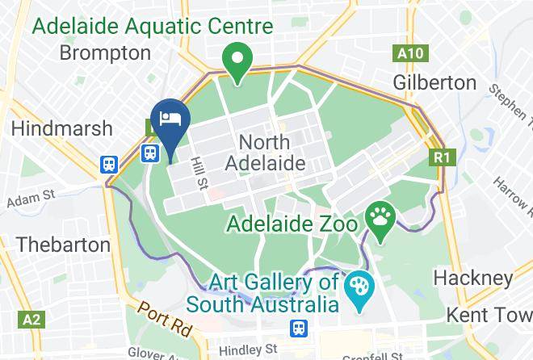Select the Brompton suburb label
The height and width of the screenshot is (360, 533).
[x=105, y=53]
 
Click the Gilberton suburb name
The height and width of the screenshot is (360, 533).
[x=434, y=82]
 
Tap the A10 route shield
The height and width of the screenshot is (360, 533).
[x=409, y=54]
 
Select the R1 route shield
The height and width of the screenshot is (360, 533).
[x=440, y=157]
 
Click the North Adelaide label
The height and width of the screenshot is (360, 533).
[x=266, y=153]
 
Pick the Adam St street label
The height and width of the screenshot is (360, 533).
[x=29, y=197]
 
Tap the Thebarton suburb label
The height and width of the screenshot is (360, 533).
[x=63, y=244]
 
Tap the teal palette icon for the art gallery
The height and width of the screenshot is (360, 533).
[x=355, y=288]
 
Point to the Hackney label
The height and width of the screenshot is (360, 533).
[x=472, y=278]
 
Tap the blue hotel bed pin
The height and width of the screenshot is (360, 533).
[x=170, y=119]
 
